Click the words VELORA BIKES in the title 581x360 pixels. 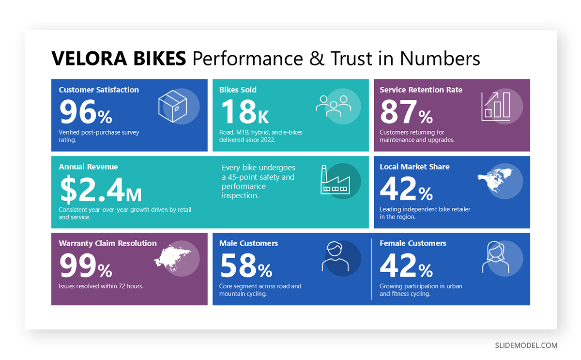[119, 59]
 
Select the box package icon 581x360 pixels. [173, 108]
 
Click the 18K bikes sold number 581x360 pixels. [245, 112]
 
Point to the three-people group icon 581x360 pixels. [333, 106]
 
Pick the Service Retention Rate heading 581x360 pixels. [421, 90]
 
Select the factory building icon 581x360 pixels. [334, 180]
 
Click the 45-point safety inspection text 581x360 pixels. [258, 182]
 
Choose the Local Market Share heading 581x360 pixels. [414, 167]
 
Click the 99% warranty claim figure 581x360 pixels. [85, 266]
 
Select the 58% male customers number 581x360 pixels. [245, 266]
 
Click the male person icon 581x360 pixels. [335, 257]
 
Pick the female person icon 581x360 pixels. [495, 257]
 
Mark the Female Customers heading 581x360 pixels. [413, 243]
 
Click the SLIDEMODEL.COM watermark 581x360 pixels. [526, 345]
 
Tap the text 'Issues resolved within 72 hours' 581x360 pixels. [101, 286]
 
